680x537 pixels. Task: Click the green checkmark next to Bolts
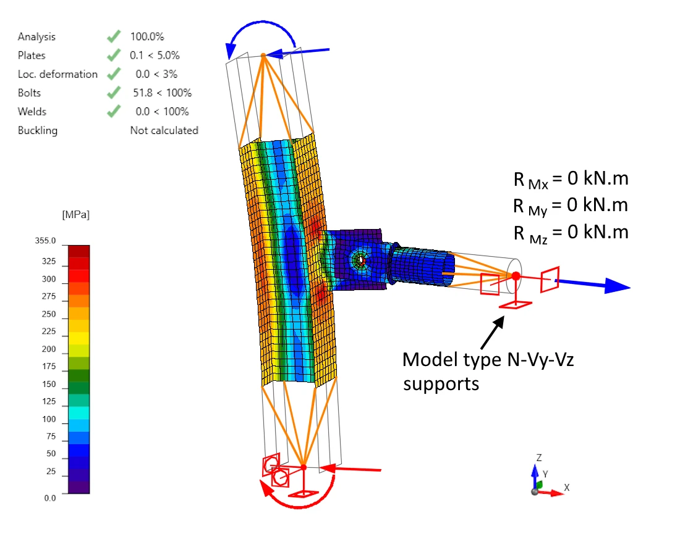click(x=114, y=93)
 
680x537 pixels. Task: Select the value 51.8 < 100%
click(x=162, y=93)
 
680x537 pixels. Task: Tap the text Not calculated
click(x=164, y=130)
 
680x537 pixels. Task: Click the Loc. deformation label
click(x=57, y=74)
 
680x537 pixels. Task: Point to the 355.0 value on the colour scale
click(x=46, y=241)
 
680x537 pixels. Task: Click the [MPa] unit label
click(x=76, y=215)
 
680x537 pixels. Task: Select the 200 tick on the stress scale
click(x=49, y=349)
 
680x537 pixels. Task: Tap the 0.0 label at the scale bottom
click(x=50, y=498)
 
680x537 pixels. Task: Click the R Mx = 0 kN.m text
click(x=571, y=179)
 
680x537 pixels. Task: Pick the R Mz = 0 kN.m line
click(x=571, y=233)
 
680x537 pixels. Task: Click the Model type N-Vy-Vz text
click(x=488, y=360)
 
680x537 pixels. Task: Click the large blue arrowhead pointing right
click(x=617, y=286)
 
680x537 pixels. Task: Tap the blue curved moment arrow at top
click(x=262, y=22)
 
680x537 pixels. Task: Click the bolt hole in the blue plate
click(x=360, y=260)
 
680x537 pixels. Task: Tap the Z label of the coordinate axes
click(x=539, y=458)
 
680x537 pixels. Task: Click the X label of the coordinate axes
click(x=566, y=488)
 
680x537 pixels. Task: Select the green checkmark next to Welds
click(x=114, y=111)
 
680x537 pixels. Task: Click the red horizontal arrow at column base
click(x=351, y=469)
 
